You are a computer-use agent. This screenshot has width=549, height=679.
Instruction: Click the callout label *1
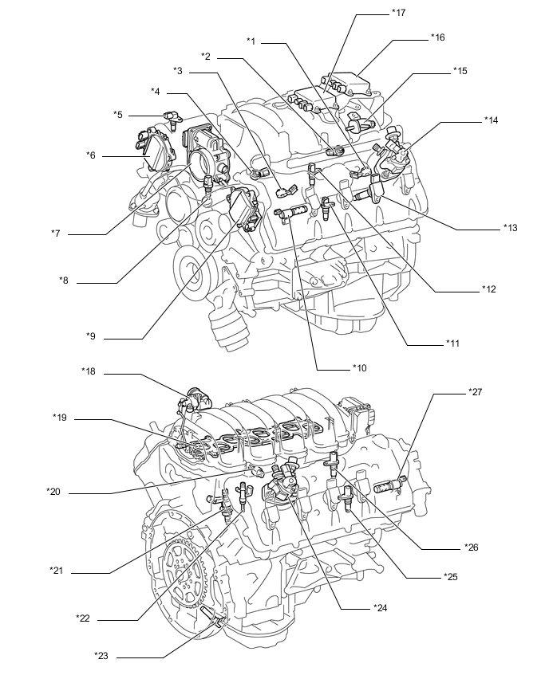(251, 41)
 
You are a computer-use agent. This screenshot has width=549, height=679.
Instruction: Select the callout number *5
(118, 115)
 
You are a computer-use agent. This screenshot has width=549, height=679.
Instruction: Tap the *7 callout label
(57, 234)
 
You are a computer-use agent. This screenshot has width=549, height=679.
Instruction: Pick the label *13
(511, 228)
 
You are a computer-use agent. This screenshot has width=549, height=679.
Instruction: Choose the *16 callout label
(437, 37)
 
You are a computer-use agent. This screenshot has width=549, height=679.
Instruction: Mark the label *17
(399, 14)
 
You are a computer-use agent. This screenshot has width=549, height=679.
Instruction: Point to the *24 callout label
(380, 607)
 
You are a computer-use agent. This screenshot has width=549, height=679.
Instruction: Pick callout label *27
(475, 392)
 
